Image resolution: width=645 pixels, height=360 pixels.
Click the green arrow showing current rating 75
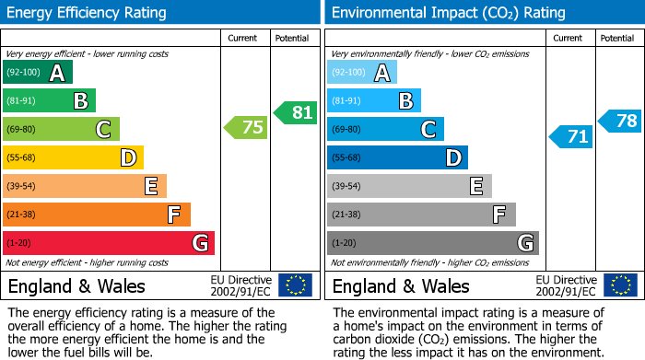[x=247, y=128]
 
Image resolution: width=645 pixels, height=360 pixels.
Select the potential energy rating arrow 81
[x=296, y=113]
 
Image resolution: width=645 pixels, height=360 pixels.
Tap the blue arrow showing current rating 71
[x=571, y=137]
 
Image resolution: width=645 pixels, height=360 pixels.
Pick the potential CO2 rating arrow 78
[x=620, y=121]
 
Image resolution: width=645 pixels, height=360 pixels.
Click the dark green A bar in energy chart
[x=37, y=73]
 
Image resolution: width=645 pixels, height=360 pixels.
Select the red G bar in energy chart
[x=108, y=243]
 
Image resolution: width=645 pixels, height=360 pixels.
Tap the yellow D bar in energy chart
[x=73, y=157]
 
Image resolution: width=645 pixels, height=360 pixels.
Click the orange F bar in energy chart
[x=96, y=215]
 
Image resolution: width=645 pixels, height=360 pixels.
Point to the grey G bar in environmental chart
[x=432, y=243]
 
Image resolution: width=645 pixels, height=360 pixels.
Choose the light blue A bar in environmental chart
[x=361, y=73]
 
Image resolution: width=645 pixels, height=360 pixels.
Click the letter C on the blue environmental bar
[x=428, y=130]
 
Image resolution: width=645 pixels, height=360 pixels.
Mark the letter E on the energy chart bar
[x=150, y=187]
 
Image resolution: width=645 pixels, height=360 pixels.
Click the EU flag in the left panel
[x=295, y=285]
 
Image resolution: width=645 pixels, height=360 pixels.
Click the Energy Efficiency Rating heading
[x=88, y=13]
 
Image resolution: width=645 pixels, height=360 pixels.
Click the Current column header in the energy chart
[x=244, y=38]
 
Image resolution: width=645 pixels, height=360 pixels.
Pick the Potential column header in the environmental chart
[x=616, y=38]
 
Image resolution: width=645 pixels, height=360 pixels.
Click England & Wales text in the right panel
[x=401, y=286]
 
